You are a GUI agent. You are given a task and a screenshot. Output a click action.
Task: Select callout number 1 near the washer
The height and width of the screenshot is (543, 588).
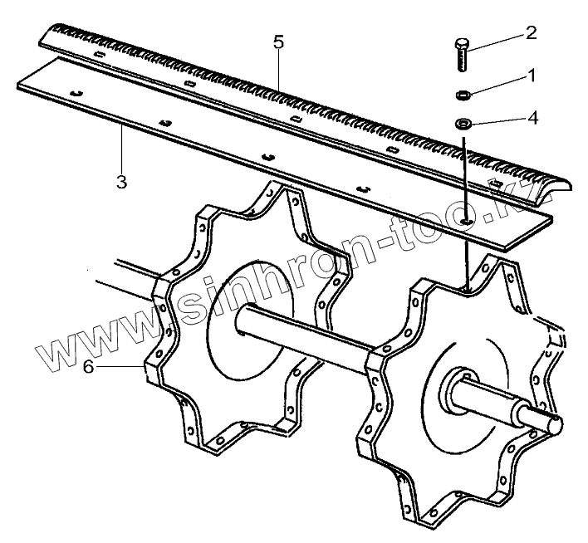tap(531, 76)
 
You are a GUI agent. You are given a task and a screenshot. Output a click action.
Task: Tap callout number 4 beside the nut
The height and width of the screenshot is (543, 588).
tap(532, 118)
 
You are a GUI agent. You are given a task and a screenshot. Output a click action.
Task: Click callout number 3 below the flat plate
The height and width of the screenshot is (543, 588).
tap(121, 182)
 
